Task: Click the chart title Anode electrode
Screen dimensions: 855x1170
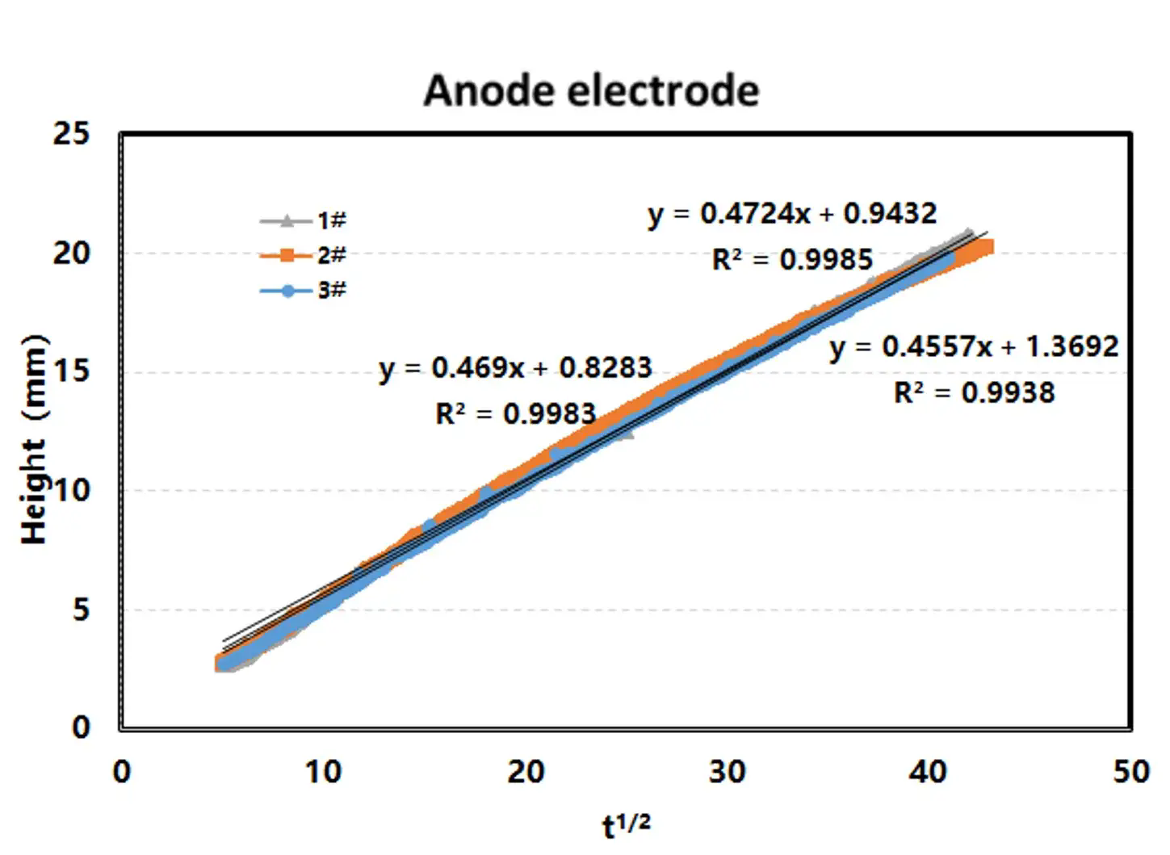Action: tap(591, 90)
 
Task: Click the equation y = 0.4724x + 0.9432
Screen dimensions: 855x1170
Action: tap(792, 214)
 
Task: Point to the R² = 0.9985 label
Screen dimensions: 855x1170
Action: tap(792, 260)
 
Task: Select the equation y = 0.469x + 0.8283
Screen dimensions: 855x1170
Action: tap(515, 368)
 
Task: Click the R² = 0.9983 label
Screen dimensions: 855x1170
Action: tap(515, 414)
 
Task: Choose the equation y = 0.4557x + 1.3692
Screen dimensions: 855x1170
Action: tap(974, 347)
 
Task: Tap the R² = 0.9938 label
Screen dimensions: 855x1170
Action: tap(974, 393)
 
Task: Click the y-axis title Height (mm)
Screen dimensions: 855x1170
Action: tap(34, 440)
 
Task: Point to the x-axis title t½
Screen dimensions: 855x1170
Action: tap(626, 825)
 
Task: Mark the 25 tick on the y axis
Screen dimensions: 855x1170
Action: tap(72, 133)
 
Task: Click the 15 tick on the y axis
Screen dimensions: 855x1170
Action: tap(72, 372)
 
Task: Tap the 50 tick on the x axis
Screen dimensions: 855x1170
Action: tap(1130, 773)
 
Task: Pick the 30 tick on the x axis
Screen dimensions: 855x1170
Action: tap(727, 773)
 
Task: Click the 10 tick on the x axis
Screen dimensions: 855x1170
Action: tap(323, 773)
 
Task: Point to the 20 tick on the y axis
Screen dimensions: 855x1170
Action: tap(72, 253)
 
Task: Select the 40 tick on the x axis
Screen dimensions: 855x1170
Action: tap(928, 773)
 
